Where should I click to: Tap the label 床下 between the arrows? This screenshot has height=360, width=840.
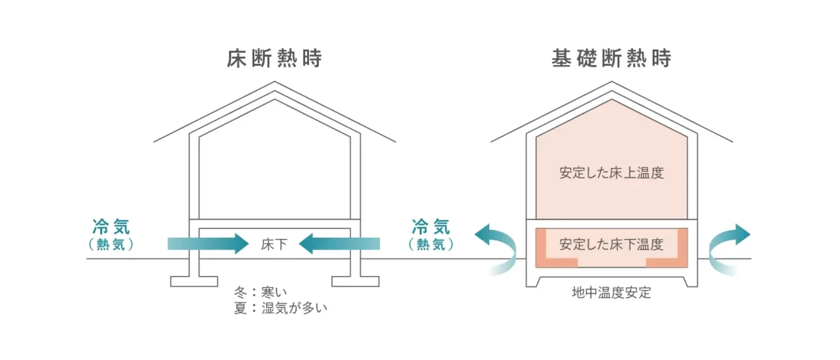coord(274,244)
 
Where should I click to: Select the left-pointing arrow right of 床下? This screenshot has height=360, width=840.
coord(339,244)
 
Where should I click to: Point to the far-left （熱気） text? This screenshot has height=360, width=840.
coord(111,245)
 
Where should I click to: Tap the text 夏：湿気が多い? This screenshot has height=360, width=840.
coord(280,308)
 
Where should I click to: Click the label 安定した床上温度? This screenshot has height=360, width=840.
coord(611,173)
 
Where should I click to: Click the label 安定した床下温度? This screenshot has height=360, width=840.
coord(611,244)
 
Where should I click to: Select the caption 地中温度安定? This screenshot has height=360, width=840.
coord(611,293)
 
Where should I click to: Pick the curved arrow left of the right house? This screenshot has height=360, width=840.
coord(498,247)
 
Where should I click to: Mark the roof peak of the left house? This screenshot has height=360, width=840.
coord(274,83)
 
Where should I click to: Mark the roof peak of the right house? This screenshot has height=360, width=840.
coord(611,83)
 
